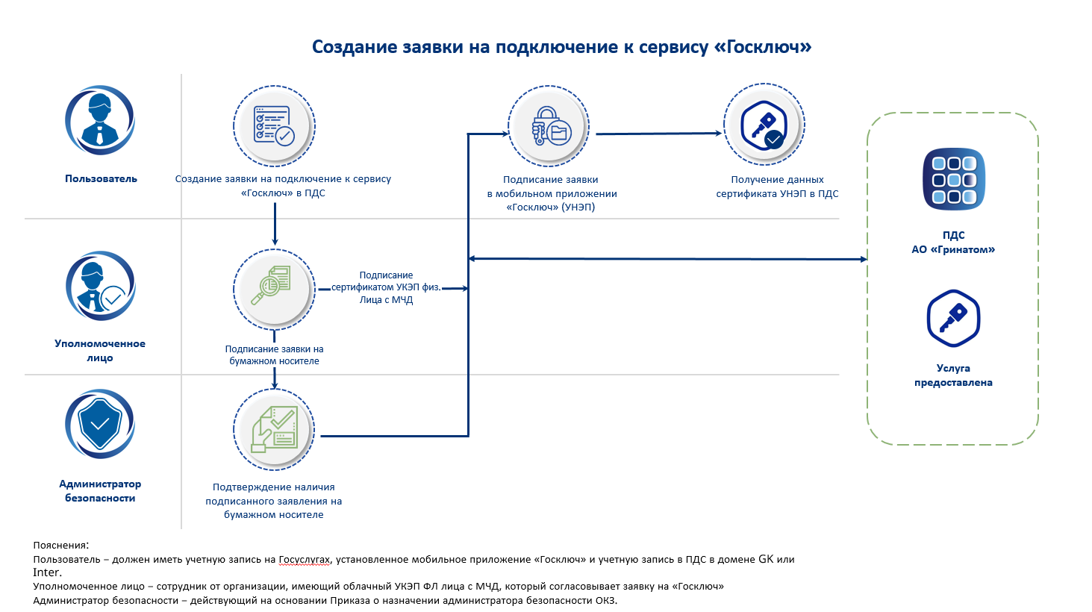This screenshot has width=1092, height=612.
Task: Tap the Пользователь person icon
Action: pyautogui.click(x=100, y=120)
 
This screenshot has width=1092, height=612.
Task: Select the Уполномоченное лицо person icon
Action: pyautogui.click(x=100, y=286)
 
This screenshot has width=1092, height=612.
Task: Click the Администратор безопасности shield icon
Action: pyautogui.click(x=100, y=424)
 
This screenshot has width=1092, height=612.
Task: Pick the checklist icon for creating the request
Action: pyautogui.click(x=274, y=125)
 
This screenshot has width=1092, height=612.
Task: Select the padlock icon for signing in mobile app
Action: pyautogui.click(x=549, y=125)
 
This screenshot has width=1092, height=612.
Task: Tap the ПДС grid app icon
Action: pyautogui.click(x=953, y=179)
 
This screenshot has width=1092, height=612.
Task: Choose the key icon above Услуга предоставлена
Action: pyautogui.click(x=953, y=319)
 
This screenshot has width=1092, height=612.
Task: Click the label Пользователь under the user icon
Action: pyautogui.click(x=101, y=179)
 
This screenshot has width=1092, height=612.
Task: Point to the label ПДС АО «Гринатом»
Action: pyautogui.click(x=953, y=243)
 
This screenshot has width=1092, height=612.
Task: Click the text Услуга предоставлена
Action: pyautogui.click(x=953, y=375)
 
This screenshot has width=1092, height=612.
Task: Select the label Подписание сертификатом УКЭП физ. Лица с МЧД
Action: pyautogui.click(x=386, y=287)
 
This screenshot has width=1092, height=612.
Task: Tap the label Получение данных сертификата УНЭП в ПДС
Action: pyautogui.click(x=777, y=187)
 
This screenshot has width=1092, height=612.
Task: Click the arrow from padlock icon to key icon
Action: pyautogui.click(x=657, y=134)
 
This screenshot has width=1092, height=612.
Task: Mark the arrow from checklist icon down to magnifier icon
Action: pyautogui.click(x=275, y=224)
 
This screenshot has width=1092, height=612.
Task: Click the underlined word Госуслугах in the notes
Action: pyautogui.click(x=304, y=560)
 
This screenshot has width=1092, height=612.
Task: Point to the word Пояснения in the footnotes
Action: pyautogui.click(x=60, y=546)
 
